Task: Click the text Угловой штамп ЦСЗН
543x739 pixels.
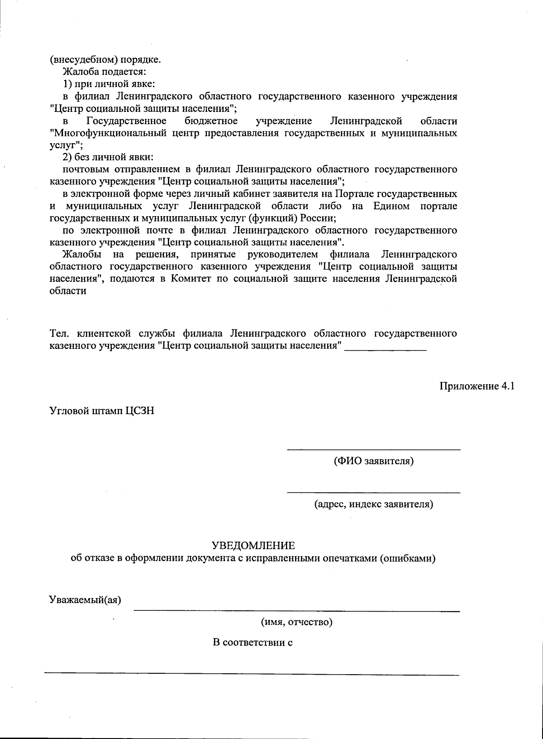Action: coord(102,411)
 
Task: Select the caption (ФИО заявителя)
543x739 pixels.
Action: coord(374,461)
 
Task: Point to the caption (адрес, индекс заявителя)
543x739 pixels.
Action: coord(374,504)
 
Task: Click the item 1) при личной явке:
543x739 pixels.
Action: coord(109,84)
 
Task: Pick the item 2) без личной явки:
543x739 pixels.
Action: coord(108,157)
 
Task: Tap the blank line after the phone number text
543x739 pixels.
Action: coord(386,349)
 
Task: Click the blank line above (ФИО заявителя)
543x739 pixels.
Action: coord(374,449)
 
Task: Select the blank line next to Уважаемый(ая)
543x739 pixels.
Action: coord(297,610)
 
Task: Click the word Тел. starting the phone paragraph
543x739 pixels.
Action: coord(59,334)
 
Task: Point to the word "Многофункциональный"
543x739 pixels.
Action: coord(109,133)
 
